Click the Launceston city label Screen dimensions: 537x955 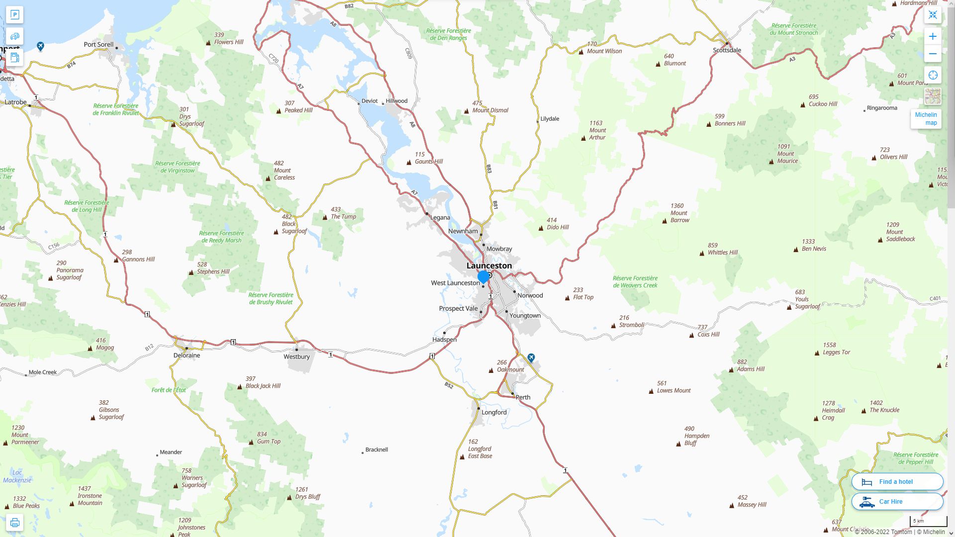[489, 266]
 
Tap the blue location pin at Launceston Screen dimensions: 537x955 [483, 276]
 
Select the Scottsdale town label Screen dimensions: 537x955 [727, 50]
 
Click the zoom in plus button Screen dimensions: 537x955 [933, 36]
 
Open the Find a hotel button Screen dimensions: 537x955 [897, 481]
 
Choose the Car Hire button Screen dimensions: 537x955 [897, 502]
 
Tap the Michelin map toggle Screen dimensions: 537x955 [926, 118]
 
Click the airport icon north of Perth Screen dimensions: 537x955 [531, 358]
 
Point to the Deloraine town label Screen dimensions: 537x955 [187, 355]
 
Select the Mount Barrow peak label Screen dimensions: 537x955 [679, 213]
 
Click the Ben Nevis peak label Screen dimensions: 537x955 [814, 249]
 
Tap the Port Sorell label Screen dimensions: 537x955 [98, 44]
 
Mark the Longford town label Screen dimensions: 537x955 [493, 412]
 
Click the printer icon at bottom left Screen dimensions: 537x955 [14, 522]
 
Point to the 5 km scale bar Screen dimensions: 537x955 [928, 522]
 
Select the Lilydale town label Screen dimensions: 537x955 [550, 119]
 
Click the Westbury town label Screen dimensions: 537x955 [296, 357]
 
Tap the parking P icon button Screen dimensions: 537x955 [14, 14]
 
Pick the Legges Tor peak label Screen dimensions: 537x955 [836, 352]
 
